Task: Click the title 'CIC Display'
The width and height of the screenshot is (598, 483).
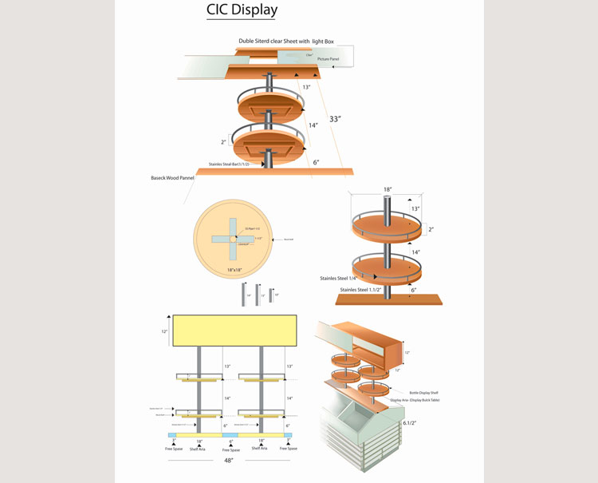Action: [x=242, y=10]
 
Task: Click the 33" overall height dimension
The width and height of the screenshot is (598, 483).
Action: [x=335, y=119]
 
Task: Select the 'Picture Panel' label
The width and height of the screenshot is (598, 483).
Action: [x=329, y=59]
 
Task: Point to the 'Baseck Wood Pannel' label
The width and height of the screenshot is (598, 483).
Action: [x=172, y=178]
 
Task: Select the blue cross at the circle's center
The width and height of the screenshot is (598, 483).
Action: [x=231, y=238]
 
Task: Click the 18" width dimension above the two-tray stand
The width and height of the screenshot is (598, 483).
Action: [x=388, y=191]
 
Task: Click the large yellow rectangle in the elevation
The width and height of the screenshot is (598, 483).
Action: [x=234, y=331]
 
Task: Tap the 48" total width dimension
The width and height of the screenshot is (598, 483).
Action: [x=230, y=460]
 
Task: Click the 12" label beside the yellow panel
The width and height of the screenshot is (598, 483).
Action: [x=165, y=331]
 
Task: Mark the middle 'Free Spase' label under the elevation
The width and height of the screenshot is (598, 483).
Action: [x=231, y=449]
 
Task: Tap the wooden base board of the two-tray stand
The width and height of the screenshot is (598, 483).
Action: [x=388, y=299]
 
